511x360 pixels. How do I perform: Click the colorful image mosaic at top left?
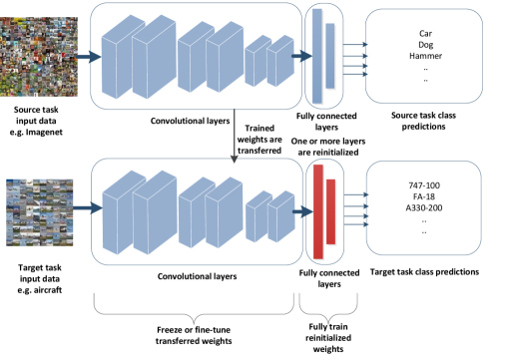pos(38,57)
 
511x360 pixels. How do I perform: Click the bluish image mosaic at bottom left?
pos(40,211)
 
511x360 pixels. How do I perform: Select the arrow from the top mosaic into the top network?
pos(89,57)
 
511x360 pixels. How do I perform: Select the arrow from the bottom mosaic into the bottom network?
pos(89,208)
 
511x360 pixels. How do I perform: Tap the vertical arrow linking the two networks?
pos(234,136)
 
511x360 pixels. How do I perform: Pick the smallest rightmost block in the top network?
pos(281,61)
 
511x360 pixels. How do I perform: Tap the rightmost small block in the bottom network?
pos(281,217)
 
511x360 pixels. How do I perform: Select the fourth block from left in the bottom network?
pos(225,212)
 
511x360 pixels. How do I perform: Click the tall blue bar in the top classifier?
pos(318,56)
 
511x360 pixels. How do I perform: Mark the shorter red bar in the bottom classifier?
pos(331,211)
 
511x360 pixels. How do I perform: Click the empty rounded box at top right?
pos(423,57)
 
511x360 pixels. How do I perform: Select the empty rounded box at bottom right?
pos(423,208)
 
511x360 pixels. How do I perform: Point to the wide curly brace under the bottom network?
pos(194,310)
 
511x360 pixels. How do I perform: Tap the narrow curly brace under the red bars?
pos(327,310)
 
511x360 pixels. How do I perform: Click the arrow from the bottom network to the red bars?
pos(302,211)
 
